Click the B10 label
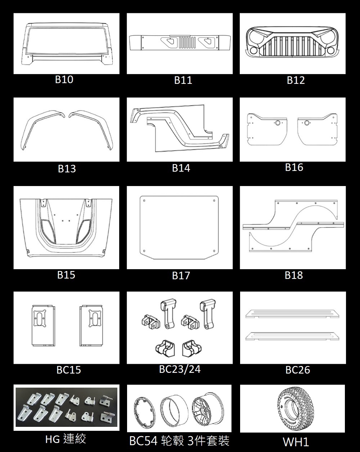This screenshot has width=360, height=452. pos(64,80)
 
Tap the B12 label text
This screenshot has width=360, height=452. pos(296,80)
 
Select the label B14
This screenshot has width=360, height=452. pos(181,168)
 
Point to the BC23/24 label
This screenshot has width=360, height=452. pos(180,369)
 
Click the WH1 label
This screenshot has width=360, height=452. pos(296,442)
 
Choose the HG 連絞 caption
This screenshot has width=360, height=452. pos(66,439)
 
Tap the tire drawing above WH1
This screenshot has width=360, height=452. pos(292,408)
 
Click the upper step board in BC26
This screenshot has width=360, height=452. pos(292,313)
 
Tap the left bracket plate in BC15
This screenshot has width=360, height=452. pos(41,326)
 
